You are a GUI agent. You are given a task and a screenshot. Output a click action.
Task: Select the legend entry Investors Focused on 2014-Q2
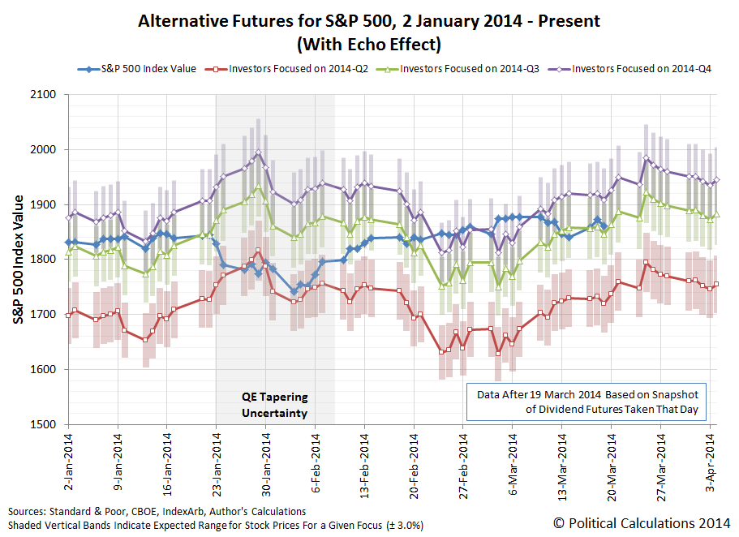pyautogui.click(x=297, y=69)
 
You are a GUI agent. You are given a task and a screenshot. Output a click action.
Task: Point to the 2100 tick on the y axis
pyautogui.click(x=44, y=95)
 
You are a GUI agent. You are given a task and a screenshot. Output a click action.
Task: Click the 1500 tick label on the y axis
pyautogui.click(x=44, y=424)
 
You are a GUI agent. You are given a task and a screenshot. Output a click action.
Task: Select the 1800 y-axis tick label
pyautogui.click(x=44, y=260)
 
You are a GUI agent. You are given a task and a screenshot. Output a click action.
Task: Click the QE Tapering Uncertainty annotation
pyautogui.click(x=275, y=406)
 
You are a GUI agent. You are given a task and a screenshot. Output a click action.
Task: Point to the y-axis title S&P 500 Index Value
pyautogui.click(x=19, y=260)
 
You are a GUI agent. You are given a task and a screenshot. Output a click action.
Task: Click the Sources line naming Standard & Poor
pyautogui.click(x=157, y=512)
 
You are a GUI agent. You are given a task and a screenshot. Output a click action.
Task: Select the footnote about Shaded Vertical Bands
pyautogui.click(x=215, y=525)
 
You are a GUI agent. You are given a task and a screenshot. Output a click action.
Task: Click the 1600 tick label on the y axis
pyautogui.click(x=44, y=370)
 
